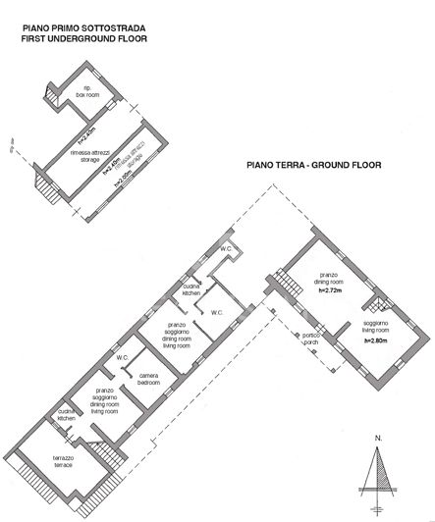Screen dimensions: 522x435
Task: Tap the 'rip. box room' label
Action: (x=88, y=89)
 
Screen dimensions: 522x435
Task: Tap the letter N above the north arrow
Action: (x=377, y=438)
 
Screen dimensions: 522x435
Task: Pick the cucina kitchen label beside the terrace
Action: (x=66, y=414)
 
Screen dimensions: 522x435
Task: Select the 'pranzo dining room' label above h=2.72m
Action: (x=328, y=279)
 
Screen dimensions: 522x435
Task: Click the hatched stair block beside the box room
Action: (x=49, y=95)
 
